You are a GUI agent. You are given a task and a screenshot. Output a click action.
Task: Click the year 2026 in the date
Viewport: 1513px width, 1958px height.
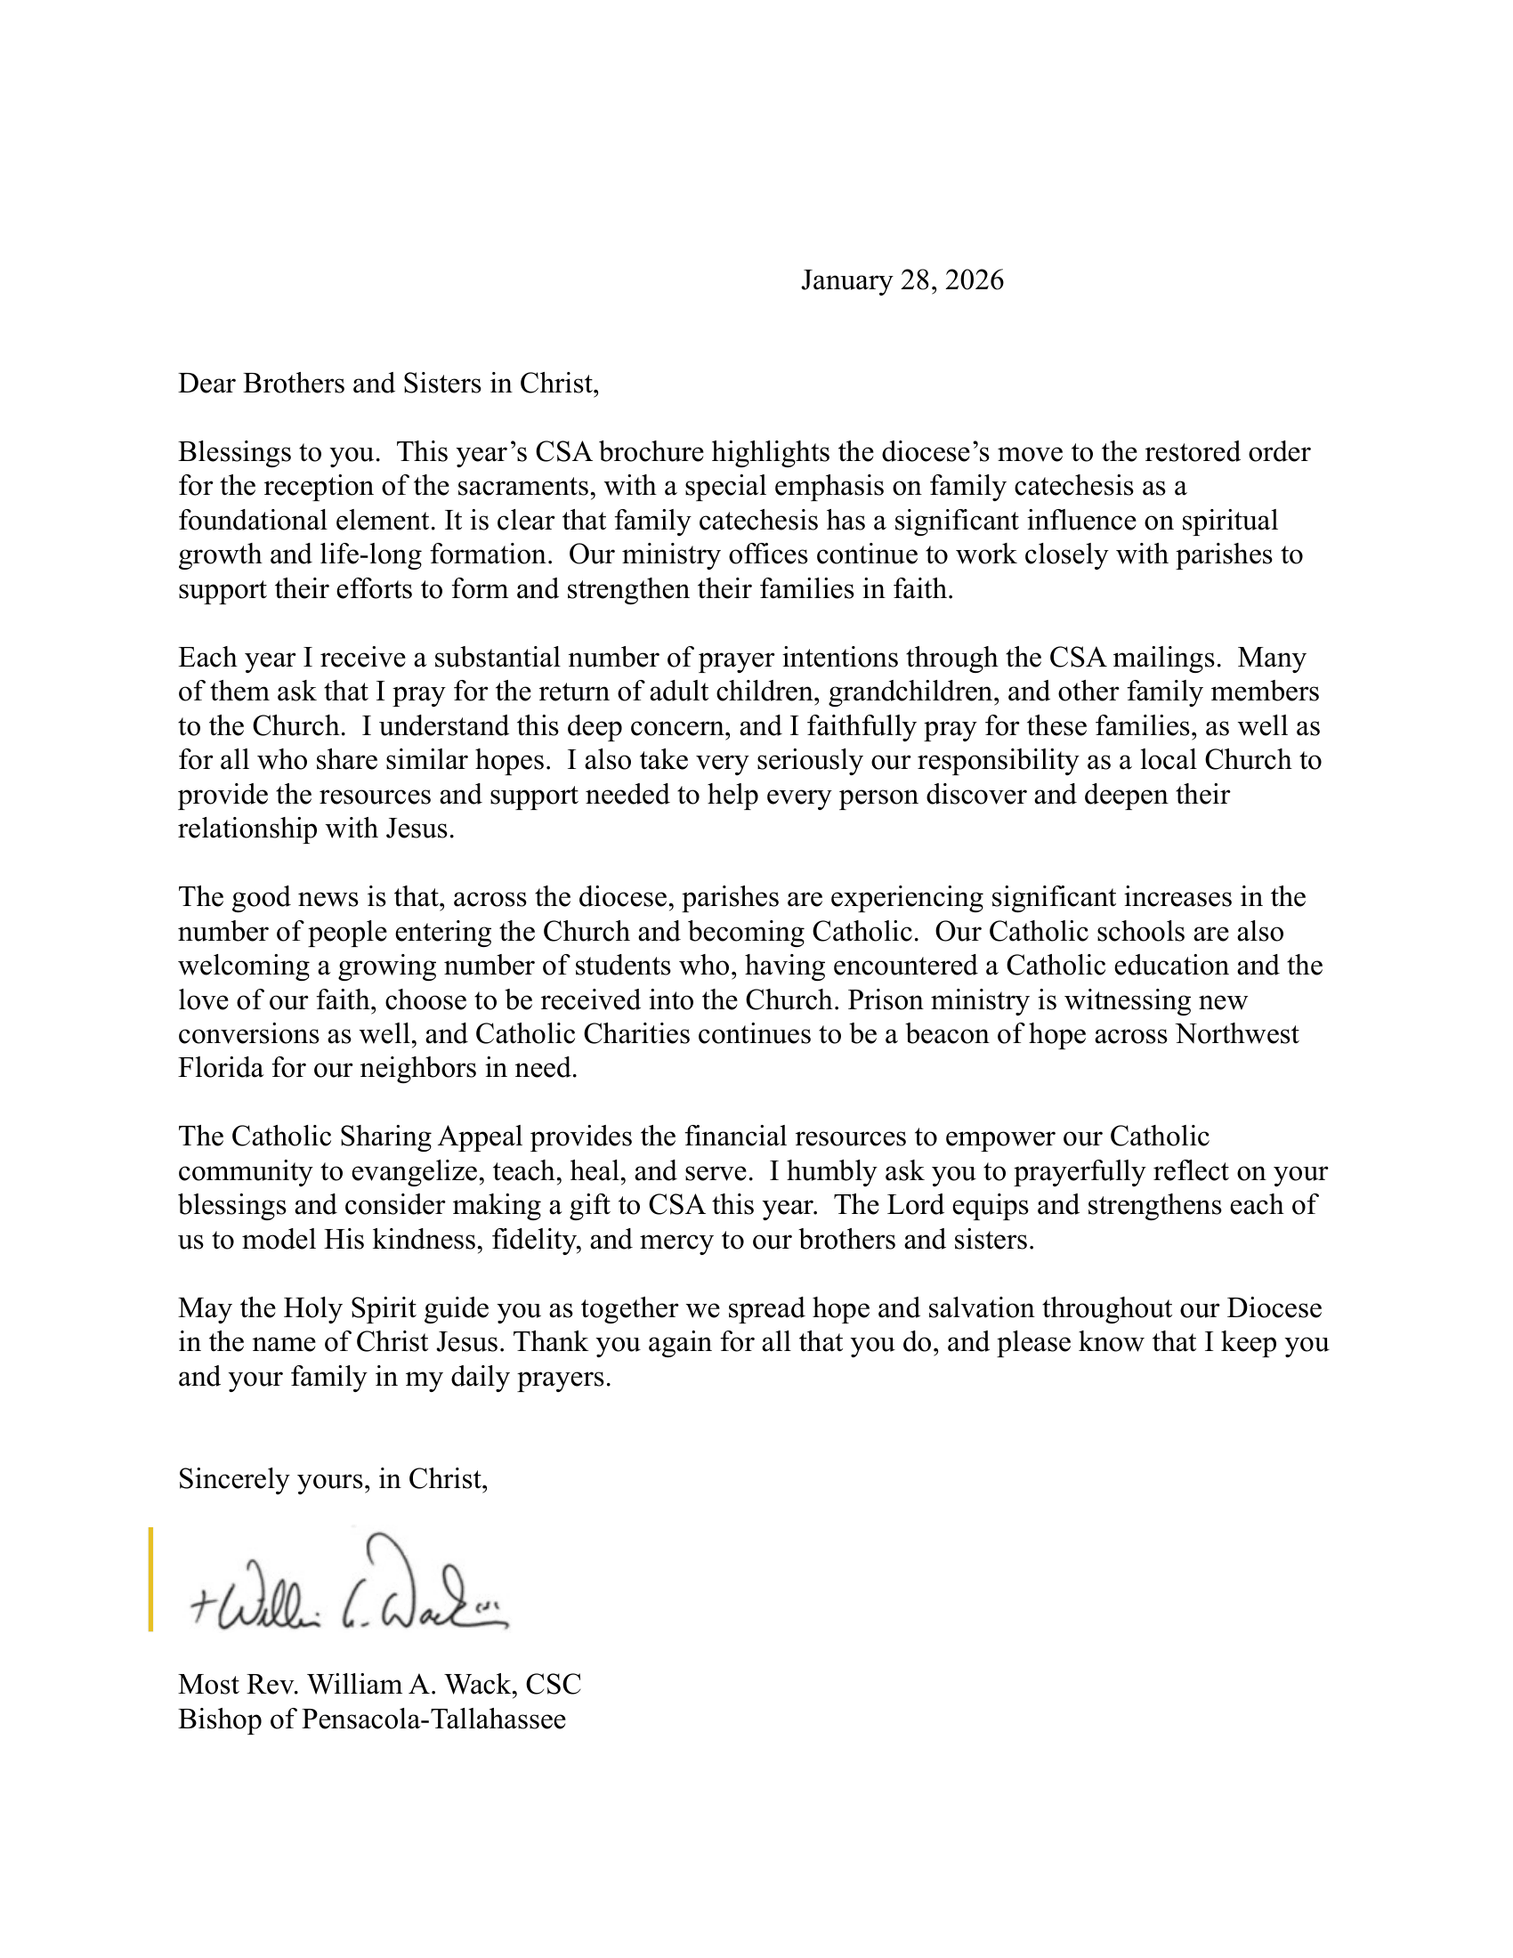pyautogui.click(x=975, y=280)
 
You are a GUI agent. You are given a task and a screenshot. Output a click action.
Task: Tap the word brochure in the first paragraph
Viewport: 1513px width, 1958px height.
pyautogui.click(x=651, y=452)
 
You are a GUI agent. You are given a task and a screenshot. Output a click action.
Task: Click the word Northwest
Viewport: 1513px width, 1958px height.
pyautogui.click(x=1237, y=1033)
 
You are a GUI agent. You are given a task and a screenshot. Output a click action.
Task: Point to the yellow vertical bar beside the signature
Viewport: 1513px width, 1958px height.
pyautogui.click(x=150, y=1579)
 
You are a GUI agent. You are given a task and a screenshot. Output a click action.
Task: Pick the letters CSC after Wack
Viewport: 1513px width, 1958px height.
pyautogui.click(x=553, y=1685)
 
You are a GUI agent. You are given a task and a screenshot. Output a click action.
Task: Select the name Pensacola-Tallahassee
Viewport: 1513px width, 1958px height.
pyautogui.click(x=433, y=1719)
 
